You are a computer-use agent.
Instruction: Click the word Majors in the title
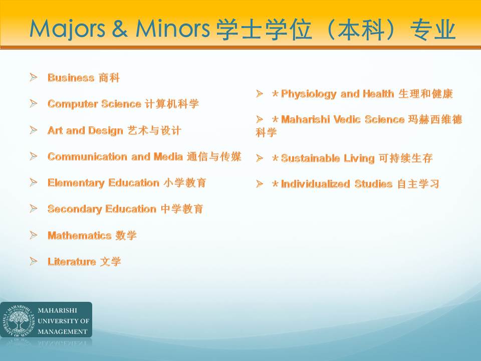[x=67, y=29]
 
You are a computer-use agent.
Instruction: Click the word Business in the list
[x=71, y=78]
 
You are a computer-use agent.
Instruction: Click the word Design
[x=106, y=131]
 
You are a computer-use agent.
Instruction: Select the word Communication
[x=87, y=156]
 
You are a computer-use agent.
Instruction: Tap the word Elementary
[x=76, y=184]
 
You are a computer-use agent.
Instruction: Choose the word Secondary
[x=75, y=210]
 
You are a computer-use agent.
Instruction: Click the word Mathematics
[x=80, y=236]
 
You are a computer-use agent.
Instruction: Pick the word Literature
[x=72, y=262]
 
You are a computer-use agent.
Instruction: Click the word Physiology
[x=309, y=94]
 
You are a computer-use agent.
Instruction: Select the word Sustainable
[x=311, y=158]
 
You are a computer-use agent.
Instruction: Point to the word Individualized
[x=315, y=184]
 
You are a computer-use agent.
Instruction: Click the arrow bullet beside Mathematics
[x=34, y=235]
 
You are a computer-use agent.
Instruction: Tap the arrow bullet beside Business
[x=34, y=77]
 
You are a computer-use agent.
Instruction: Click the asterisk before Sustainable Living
[x=275, y=158]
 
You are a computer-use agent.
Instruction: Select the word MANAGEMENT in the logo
[x=63, y=331]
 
